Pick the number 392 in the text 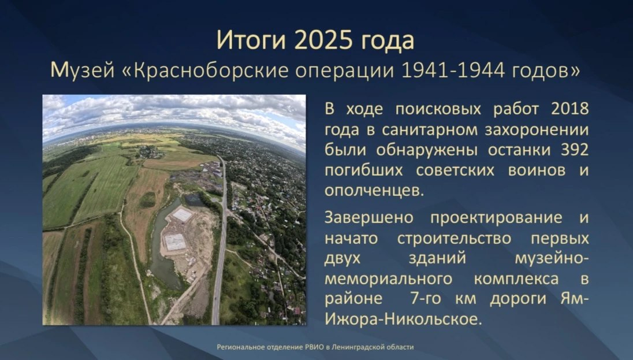(x=575, y=150)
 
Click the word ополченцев (x=374, y=191)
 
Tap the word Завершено (x=369, y=218)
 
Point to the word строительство (x=454, y=239)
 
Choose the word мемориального (x=388, y=279)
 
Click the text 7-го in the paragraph (x=426, y=299)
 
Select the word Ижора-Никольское (x=403, y=320)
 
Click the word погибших (x=364, y=170)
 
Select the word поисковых (x=438, y=109)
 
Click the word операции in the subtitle (x=345, y=71)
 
